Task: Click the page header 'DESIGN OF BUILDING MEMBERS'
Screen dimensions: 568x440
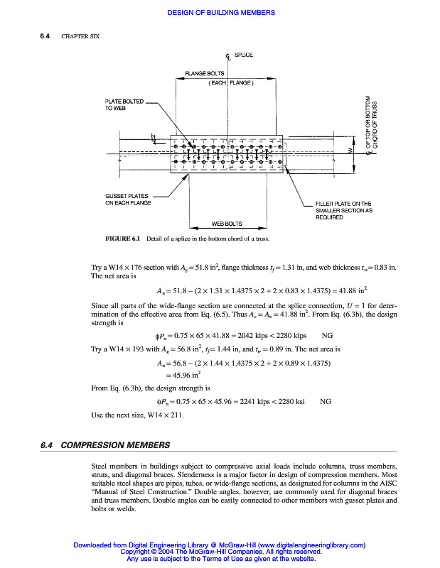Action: pyautogui.click(x=220, y=13)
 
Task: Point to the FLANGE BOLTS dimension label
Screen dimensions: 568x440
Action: pyautogui.click(x=205, y=74)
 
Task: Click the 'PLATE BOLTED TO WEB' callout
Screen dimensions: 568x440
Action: pyautogui.click(x=124, y=104)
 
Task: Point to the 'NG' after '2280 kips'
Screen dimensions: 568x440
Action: pyautogui.click(x=328, y=334)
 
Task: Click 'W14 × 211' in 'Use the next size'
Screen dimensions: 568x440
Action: pyautogui.click(x=167, y=415)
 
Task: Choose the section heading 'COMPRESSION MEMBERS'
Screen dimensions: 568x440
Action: pyautogui.click(x=116, y=445)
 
